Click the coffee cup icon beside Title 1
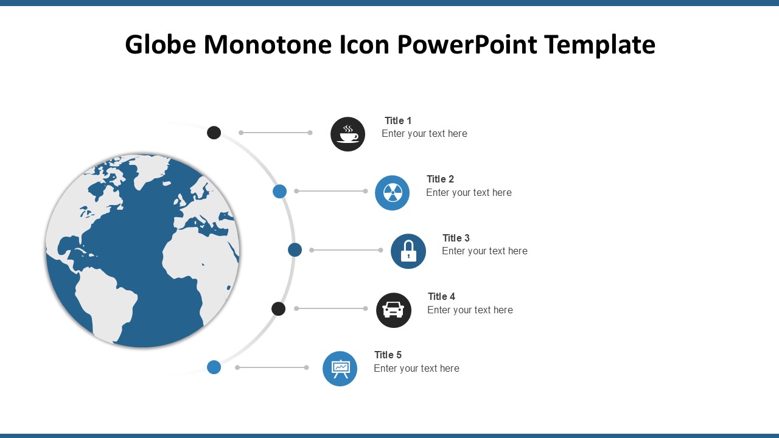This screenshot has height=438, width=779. point(348,134)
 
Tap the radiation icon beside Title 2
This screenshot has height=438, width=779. point(393,193)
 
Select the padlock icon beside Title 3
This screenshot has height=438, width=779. point(408,251)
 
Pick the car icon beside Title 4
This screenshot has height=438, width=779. point(394,310)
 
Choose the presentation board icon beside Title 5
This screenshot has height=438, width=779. point(340,368)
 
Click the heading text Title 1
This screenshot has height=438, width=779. point(398,120)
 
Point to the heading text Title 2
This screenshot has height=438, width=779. point(440,179)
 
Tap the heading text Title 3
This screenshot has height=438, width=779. point(456,238)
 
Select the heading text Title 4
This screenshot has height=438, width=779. point(441,296)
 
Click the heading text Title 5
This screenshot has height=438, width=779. point(388,355)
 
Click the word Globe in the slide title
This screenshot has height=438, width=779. point(160,44)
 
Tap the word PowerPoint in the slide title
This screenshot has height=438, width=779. point(467,44)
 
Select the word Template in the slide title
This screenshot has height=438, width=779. point(600,45)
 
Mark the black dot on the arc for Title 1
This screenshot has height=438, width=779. point(214,133)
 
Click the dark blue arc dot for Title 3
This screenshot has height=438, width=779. point(295,250)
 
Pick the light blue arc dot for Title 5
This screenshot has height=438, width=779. point(214,367)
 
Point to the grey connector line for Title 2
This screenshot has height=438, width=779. point(331,191)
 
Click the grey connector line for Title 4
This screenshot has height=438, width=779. point(331,308)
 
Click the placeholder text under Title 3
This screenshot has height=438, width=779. point(484,251)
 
